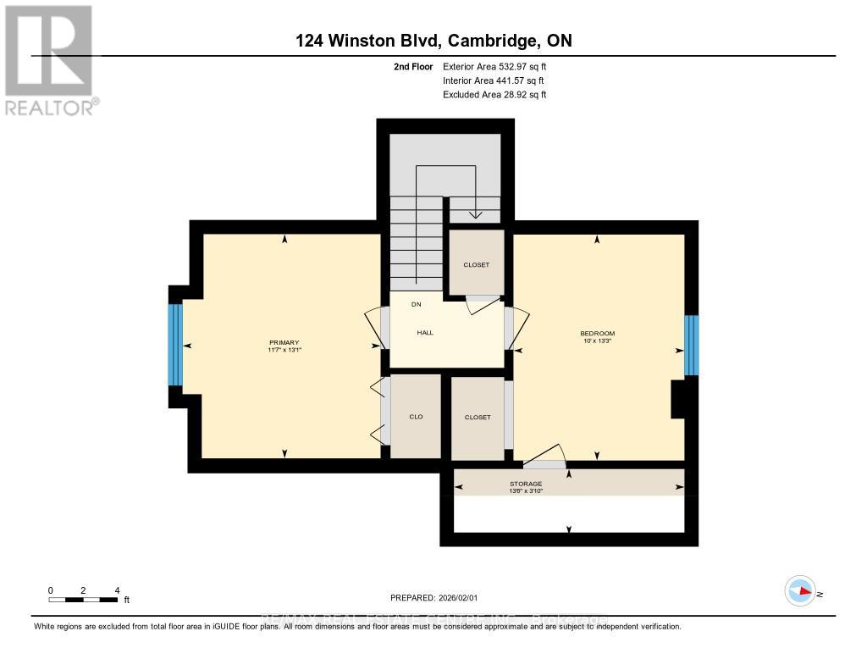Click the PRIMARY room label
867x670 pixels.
tap(284, 342)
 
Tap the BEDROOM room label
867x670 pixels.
tap(597, 333)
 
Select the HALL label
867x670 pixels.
tap(425, 333)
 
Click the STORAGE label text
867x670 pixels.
tap(525, 484)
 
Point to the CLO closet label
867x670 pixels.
tap(416, 417)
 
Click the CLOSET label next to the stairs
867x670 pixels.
tap(476, 265)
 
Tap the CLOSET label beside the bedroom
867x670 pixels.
tap(477, 418)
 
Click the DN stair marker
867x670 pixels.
tap(417, 304)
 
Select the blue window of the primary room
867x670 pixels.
tap(175, 345)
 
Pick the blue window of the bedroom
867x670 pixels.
tap(691, 345)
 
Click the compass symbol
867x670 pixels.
tap(800, 590)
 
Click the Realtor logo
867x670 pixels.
tap(48, 59)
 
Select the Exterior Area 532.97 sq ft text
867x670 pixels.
tap(499, 66)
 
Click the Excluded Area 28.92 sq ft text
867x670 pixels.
tap(494, 95)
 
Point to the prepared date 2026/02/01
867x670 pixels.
tap(439, 597)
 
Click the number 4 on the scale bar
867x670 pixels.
tap(117, 590)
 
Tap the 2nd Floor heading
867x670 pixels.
tap(412, 66)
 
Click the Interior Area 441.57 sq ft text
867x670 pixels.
tap(494, 80)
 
